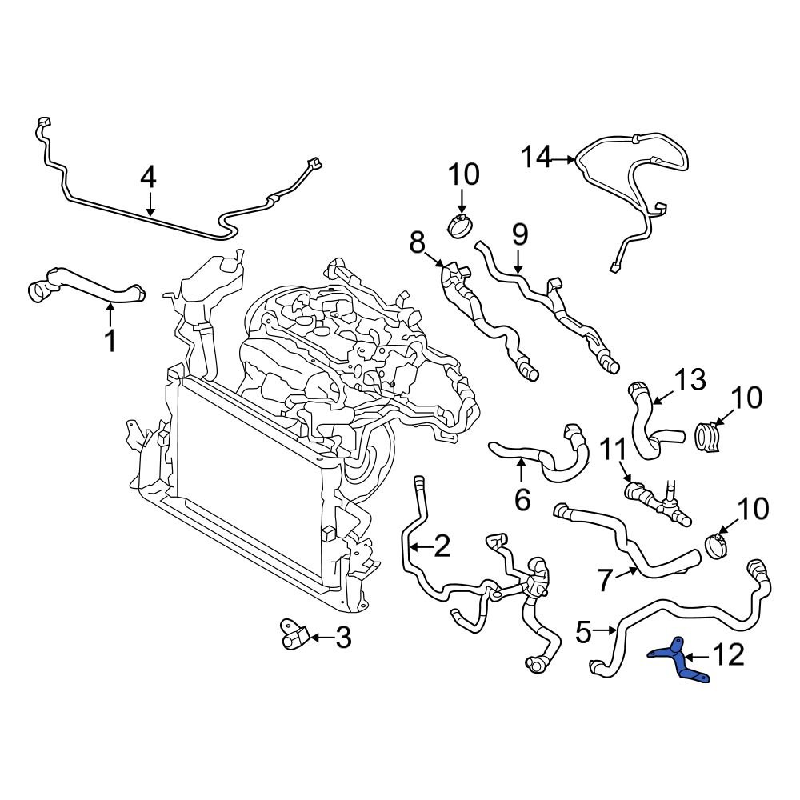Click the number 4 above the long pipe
[148, 178]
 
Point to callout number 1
[110, 342]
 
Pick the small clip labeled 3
[290, 634]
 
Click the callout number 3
[342, 638]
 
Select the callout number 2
[441, 547]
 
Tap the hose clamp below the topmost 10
[458, 226]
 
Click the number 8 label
[418, 242]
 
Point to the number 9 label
[520, 235]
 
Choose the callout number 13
[690, 380]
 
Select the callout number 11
[615, 450]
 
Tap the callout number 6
[522, 500]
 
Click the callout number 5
[583, 632]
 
